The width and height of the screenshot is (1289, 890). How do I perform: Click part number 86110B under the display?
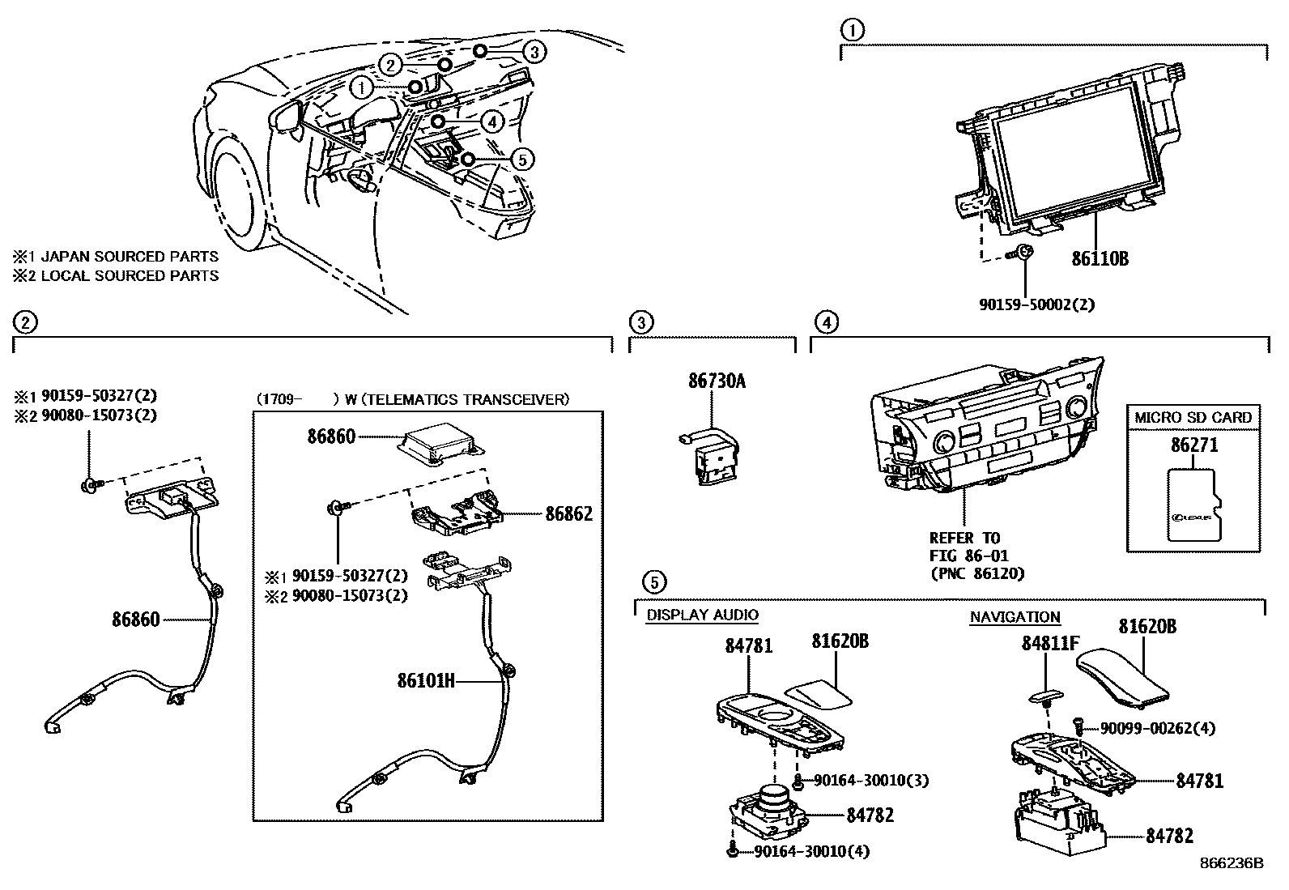pyautogui.click(x=1100, y=258)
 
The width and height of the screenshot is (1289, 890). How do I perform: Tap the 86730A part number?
pyautogui.click(x=717, y=381)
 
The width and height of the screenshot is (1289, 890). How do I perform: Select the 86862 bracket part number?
pyautogui.click(x=568, y=514)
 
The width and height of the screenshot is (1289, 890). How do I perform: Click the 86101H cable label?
pyautogui.click(x=426, y=682)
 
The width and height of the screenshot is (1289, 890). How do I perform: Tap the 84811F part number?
pyautogui.click(x=1050, y=644)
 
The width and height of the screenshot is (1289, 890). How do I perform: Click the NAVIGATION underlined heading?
pyautogui.click(x=1015, y=617)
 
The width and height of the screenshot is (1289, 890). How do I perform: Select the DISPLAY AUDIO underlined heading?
pyautogui.click(x=702, y=615)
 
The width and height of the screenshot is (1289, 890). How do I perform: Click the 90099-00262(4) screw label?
pyautogui.click(x=1158, y=728)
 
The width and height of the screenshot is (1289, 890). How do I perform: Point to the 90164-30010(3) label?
pyautogui.click(x=870, y=781)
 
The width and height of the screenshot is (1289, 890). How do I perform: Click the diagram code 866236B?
pyautogui.click(x=1231, y=863)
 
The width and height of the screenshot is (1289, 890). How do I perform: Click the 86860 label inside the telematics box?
pyautogui.click(x=331, y=437)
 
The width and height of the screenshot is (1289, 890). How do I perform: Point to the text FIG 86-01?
pyautogui.click(x=964, y=556)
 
